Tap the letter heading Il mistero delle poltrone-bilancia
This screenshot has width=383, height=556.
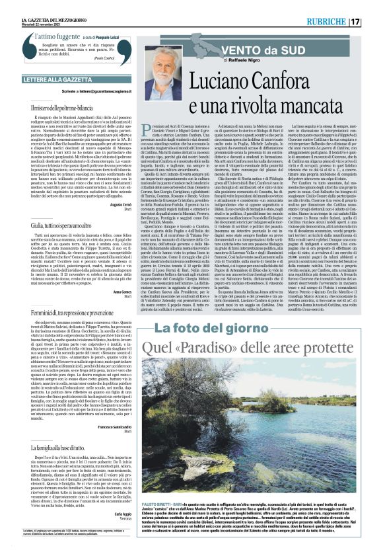(x=66, y=107)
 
